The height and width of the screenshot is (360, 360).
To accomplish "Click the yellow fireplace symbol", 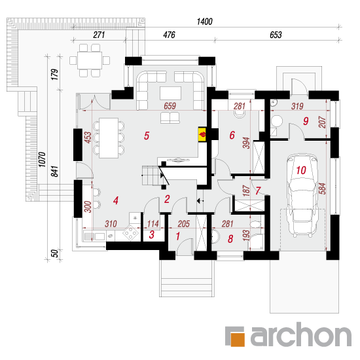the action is point(202,134).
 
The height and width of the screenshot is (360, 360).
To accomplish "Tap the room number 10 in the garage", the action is point(301,170).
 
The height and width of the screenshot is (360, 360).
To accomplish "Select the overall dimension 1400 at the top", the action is point(205,22).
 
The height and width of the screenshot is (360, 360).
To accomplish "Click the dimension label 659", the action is point(170,106).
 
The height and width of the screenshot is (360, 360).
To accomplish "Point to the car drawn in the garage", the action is point(302,196).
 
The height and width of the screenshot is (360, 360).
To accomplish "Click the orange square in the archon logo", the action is point(238,339).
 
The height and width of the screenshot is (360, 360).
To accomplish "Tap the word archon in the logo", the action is point(301,334).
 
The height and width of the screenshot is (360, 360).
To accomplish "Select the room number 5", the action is point(147,135).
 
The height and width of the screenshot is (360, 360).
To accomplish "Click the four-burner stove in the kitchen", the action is point(130,233).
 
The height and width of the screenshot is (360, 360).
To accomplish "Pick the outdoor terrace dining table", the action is point(90,60).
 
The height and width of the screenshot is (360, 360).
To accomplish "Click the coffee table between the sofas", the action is point(170,93).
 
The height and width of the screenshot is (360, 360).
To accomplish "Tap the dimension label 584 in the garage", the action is point(322,189).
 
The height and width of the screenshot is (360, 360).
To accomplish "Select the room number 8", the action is point(230,239).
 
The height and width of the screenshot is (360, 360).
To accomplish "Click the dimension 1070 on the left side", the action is point(42,159).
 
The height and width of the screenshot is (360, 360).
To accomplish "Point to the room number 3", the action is point(152,234).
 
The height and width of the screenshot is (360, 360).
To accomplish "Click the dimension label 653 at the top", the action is point(276,35).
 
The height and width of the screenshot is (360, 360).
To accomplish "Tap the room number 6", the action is point(232,135).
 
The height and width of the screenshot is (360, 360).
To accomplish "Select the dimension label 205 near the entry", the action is point(184,224).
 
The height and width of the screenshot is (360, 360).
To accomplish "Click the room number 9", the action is point(306,121).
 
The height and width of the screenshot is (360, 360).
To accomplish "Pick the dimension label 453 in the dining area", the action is point(88,137).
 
